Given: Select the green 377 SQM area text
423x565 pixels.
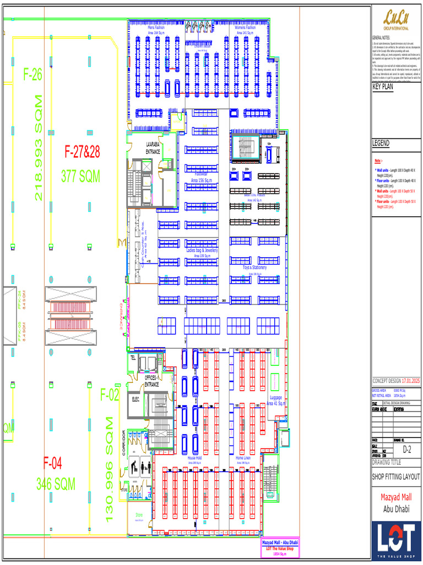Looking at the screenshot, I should (80, 177).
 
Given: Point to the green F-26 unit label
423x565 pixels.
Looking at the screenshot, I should (33, 75).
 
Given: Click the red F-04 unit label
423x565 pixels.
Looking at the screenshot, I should (53, 463).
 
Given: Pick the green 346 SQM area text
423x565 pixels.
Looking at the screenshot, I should (56, 484).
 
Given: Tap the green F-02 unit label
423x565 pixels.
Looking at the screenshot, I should (110, 395).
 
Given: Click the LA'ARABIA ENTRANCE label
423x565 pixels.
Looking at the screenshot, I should (153, 147).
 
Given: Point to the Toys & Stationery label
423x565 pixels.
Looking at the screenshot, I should (254, 268).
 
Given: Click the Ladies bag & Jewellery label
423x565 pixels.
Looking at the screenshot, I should (202, 250).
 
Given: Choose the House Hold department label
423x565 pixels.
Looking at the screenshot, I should (194, 458).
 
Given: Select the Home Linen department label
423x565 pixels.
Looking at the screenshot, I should (243, 458).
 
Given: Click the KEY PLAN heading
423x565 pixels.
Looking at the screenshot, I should (383, 87).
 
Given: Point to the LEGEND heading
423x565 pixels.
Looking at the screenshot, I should (381, 143).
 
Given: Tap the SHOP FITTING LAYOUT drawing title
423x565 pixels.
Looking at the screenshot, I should (395, 477).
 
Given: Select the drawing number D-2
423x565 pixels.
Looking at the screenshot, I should (407, 450).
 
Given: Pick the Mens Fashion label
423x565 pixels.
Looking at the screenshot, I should (160, 27).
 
